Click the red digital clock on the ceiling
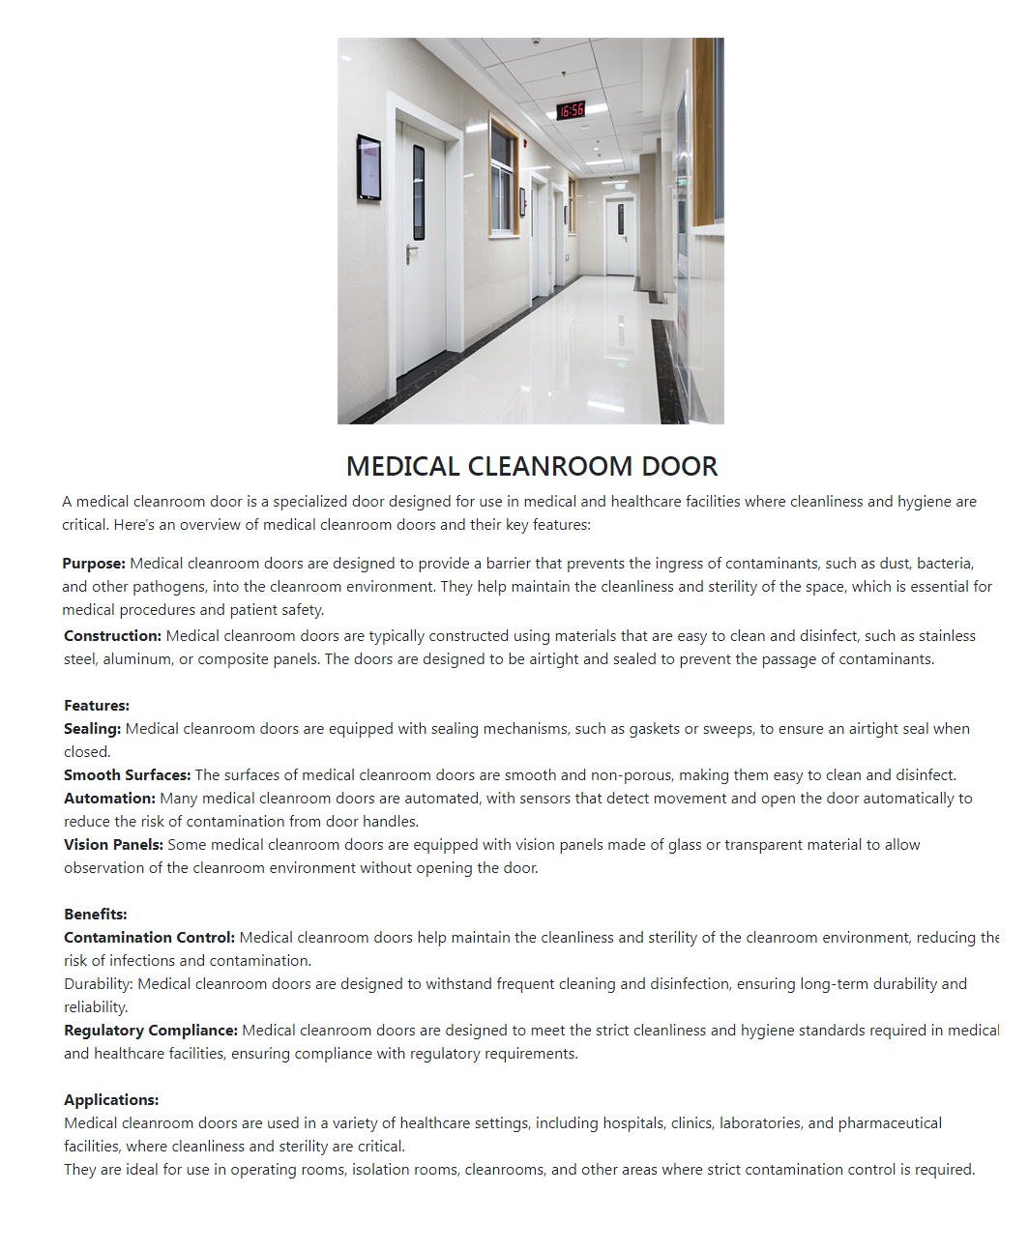tap(572, 110)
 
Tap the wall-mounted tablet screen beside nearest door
tap(368, 167)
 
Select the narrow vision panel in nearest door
tap(419, 191)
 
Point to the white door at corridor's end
tap(619, 237)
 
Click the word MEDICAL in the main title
tap(403, 467)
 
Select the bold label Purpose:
tap(94, 564)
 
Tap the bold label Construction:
tap(112, 636)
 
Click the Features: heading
tap(97, 706)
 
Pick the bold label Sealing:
tap(92, 729)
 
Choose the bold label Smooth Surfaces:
tap(127, 775)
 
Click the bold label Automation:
tap(109, 799)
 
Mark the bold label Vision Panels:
tap(113, 845)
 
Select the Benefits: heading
tap(96, 915)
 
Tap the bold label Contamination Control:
tap(149, 938)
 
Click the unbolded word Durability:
tap(99, 984)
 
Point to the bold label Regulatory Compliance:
tap(151, 1031)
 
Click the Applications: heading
tap(111, 1100)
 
